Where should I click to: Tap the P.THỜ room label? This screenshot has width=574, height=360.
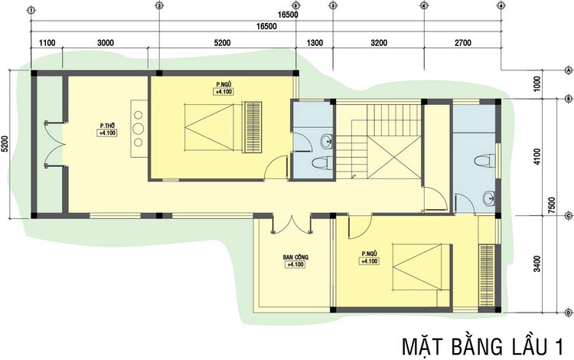click(106, 126)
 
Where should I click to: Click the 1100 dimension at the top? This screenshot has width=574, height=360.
click(47, 43)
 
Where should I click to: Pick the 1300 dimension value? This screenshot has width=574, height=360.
click(315, 43)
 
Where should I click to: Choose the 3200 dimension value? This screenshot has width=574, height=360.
click(378, 43)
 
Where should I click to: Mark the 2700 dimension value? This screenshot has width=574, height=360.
click(462, 43)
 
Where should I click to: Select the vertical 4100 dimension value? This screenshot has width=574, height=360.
click(536, 157)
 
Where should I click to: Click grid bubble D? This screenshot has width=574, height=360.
click(568, 313)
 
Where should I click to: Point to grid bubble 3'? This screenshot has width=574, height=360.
click(296, 6)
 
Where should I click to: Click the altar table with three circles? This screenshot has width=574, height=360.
click(139, 129)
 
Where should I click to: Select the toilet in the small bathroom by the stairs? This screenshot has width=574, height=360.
click(321, 162)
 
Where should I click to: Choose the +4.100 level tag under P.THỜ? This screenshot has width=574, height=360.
click(106, 133)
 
